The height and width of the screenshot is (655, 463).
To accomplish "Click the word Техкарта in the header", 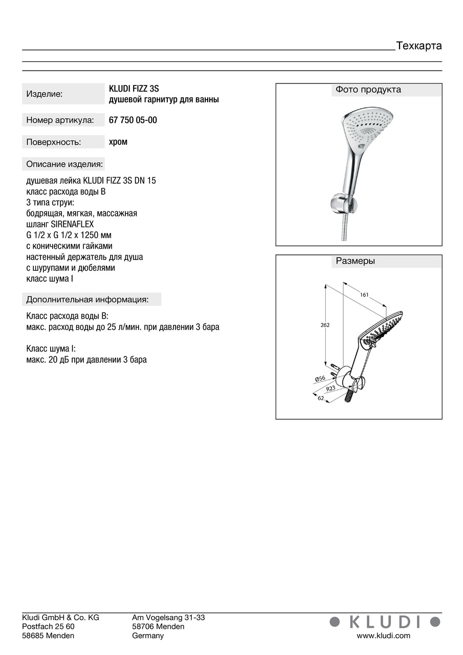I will coord(418,46).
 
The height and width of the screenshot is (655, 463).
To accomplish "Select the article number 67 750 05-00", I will coord(133,121).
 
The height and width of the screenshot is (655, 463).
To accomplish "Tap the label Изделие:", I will coord(45,94).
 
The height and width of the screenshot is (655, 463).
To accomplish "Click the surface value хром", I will coord(118,142).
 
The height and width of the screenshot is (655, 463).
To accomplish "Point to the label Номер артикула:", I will coord(60,121).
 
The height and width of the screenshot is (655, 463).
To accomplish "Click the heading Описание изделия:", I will coord(64,164).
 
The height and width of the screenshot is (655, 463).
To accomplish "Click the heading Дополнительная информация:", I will coord(87,299).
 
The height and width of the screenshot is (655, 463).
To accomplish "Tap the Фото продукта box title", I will coord(368,90).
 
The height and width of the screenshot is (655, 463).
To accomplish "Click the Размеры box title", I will coord(355,261).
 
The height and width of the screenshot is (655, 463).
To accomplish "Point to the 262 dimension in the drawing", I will coord(325,325).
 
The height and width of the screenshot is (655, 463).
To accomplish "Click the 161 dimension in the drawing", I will coord(364,295).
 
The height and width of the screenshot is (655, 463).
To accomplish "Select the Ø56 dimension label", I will coord(320,379).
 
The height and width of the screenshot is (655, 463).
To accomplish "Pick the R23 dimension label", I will coord(331,388).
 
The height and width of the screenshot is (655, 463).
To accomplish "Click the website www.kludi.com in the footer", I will coord(383,636).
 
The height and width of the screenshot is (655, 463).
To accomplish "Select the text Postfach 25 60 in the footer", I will coord(48,627).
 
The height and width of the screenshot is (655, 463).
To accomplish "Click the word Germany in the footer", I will coord(148,636).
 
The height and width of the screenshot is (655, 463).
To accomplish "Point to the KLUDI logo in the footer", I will coord(385,622).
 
